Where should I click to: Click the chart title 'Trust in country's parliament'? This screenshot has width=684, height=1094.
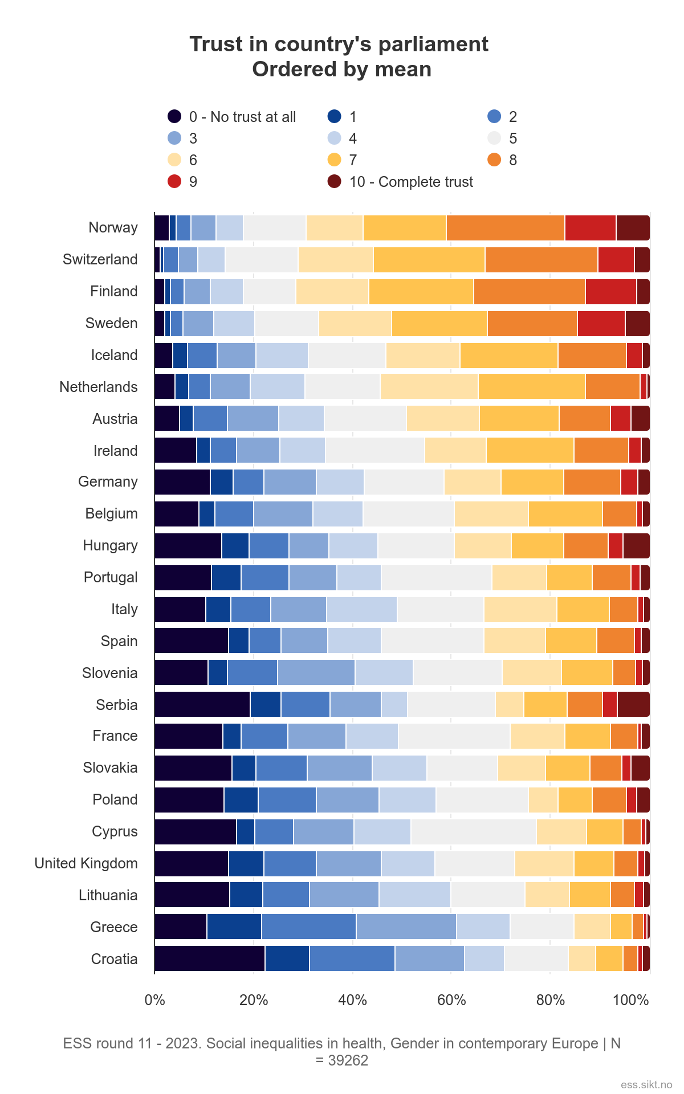point(339,44)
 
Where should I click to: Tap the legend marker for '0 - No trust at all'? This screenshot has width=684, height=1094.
point(174,117)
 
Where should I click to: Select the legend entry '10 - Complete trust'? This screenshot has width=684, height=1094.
point(410,182)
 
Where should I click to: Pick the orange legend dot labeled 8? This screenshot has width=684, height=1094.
point(494,160)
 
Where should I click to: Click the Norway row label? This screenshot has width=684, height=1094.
point(113,228)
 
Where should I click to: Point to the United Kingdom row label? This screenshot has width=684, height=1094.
point(86,863)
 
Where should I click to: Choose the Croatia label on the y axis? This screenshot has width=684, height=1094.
point(114,959)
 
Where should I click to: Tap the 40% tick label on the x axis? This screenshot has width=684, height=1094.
point(352,1001)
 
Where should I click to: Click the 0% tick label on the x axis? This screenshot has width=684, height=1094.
point(154,1001)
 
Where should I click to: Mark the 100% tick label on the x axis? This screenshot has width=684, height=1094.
point(630,1001)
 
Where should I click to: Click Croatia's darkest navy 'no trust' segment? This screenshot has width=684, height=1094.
point(209,958)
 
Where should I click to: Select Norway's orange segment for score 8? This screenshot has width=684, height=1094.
point(505,228)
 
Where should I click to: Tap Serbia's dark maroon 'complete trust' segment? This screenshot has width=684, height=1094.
point(633,704)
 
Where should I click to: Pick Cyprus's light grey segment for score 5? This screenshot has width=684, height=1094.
point(473,832)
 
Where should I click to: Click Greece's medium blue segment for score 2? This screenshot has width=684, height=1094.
point(308,926)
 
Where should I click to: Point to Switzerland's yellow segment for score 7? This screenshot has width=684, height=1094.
point(429,260)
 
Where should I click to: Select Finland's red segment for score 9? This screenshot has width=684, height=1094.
point(610,292)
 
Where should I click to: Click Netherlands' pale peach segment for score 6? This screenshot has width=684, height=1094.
point(429,387)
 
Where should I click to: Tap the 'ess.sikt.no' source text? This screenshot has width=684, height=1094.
point(646,1084)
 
